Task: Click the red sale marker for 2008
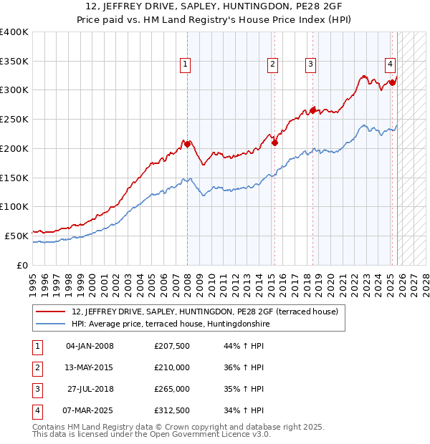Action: point(188,144)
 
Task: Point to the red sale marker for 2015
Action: point(274,143)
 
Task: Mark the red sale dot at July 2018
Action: point(312,110)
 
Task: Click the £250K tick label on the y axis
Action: point(14,120)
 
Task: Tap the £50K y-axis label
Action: point(16,236)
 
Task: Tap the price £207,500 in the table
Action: point(172,346)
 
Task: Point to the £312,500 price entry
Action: point(172,410)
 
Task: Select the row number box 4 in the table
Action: point(37,410)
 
